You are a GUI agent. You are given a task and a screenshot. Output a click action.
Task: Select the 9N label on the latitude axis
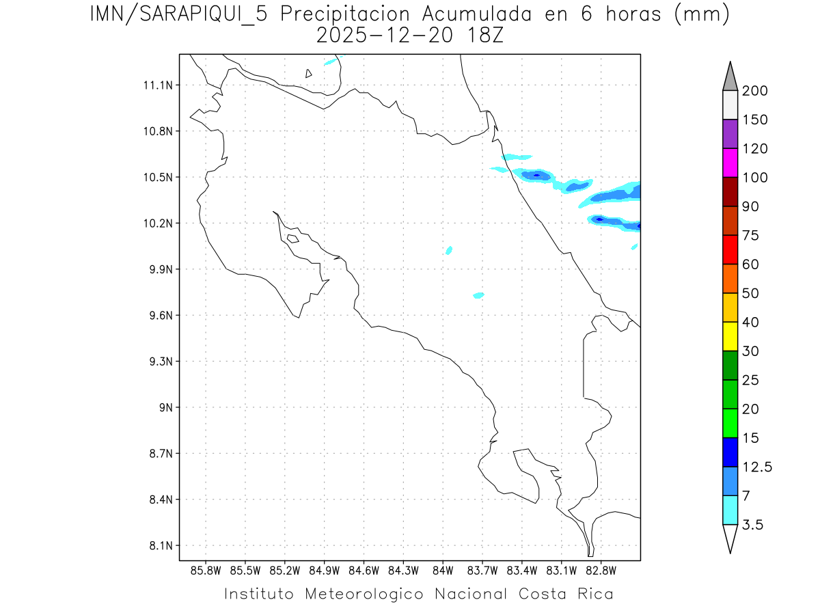164,407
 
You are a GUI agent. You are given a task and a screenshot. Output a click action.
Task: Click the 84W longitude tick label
443,571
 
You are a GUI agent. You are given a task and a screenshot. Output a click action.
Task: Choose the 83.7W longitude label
482,571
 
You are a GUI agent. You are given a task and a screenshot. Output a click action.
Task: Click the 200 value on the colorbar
754,91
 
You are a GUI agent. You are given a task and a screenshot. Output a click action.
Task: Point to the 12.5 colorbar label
757,467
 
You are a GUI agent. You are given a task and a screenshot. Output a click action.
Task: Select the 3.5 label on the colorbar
753,525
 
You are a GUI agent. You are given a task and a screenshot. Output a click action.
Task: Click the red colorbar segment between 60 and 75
730,249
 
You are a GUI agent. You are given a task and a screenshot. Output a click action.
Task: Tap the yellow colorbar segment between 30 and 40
730,336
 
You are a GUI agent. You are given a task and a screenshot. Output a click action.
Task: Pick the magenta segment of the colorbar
730,163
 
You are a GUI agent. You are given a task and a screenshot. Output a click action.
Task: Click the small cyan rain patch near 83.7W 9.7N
478,295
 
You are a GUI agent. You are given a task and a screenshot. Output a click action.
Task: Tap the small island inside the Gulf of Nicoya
292,238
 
